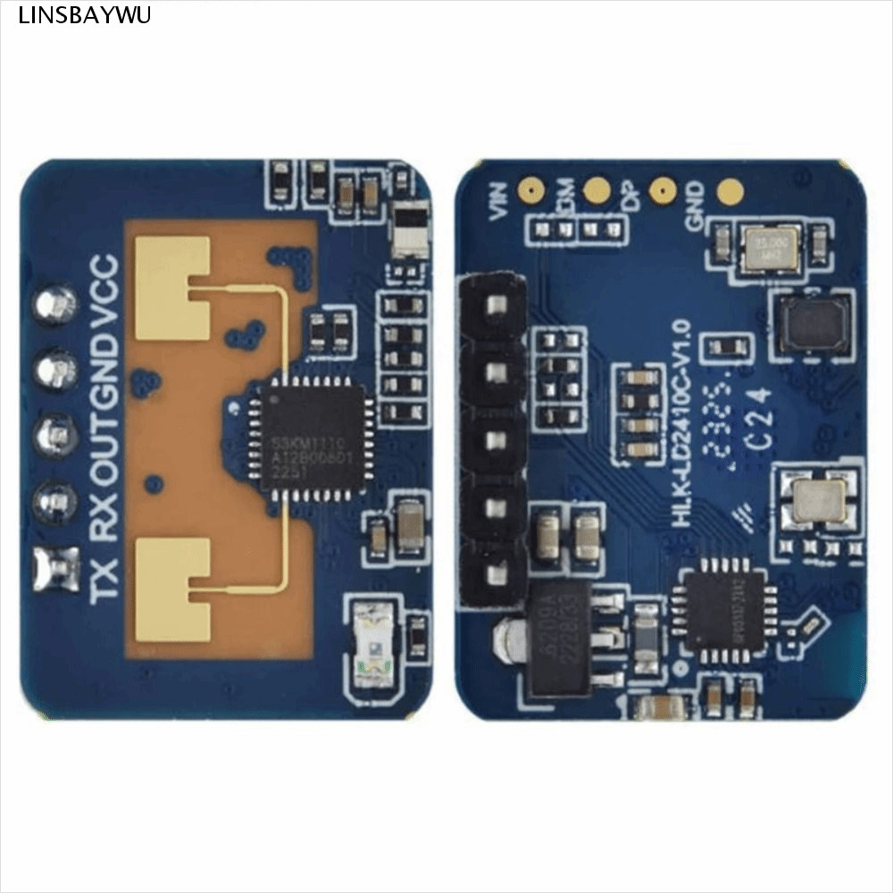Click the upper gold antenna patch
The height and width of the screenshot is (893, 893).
[x=172, y=276]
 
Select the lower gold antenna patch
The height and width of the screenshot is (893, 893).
[x=172, y=590]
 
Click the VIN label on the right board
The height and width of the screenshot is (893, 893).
[x=498, y=200]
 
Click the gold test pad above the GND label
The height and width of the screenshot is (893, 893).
[x=730, y=190]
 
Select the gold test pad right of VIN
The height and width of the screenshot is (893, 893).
[x=532, y=189]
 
